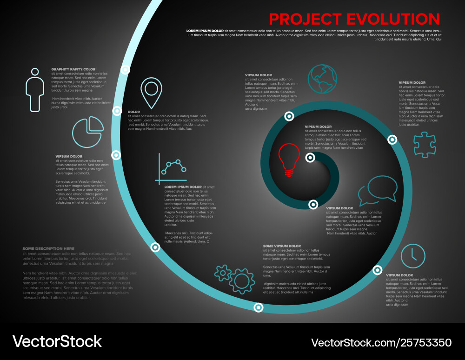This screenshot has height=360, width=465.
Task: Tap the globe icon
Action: tap(322, 76)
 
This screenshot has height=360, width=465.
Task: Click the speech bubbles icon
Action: tap(378, 190)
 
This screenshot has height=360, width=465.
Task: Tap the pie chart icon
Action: tap(88, 132)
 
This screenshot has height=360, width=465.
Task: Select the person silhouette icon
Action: tap(35, 90)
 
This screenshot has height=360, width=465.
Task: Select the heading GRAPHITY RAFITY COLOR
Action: tap(73, 69)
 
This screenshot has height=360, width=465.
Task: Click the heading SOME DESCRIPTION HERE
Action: tap(48, 249)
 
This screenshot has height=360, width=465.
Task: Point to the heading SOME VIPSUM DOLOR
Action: tap(282, 246)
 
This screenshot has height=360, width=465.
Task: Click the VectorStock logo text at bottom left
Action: tap(57, 341)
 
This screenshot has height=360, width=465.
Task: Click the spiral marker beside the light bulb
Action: tap(310, 158)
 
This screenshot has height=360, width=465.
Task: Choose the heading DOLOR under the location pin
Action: tap(134, 112)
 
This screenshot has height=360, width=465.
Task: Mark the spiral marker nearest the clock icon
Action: tap(378, 270)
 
